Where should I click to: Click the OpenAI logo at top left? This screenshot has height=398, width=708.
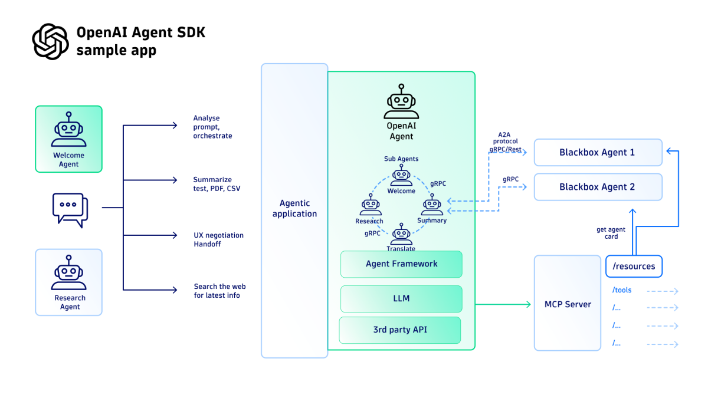point(50,41)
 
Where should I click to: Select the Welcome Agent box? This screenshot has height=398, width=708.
point(68,139)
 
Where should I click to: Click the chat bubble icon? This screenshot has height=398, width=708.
point(70,209)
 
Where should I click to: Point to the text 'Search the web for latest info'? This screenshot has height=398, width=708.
point(218,291)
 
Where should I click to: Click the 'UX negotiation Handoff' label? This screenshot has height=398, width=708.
point(218,239)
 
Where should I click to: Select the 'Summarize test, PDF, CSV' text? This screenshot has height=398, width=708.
point(217,184)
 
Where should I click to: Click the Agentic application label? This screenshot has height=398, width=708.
point(294,209)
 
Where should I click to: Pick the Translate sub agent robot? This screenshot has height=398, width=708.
point(401,234)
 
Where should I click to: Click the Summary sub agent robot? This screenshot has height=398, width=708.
point(432,207)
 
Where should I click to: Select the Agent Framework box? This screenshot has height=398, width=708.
point(401,264)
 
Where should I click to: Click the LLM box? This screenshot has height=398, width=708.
point(401,299)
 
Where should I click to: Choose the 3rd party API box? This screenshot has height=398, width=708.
point(400,330)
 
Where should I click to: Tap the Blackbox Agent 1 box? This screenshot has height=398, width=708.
point(598,152)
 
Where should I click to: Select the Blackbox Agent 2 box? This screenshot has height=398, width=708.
point(598,187)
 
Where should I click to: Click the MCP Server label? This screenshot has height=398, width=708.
point(568,304)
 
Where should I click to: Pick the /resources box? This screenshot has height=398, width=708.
point(634,267)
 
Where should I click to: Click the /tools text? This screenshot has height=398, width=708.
point(622,290)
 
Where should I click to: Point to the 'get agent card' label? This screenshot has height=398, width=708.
point(611,233)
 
